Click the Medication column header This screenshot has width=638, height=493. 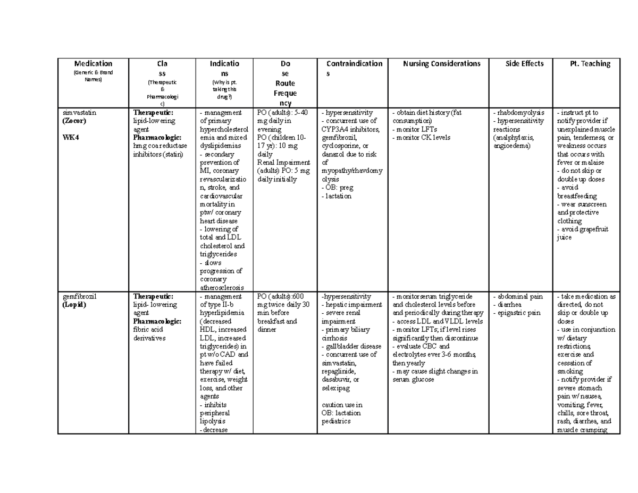[x=93, y=64]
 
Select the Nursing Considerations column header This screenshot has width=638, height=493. [x=442, y=64]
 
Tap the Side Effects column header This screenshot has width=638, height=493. [x=524, y=64]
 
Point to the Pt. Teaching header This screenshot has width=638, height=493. [x=590, y=64]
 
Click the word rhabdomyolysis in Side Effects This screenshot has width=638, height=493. [x=520, y=113]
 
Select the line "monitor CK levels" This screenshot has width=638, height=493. [x=423, y=138]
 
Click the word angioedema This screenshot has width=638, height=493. [x=511, y=146]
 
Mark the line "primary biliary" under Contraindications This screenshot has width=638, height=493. [x=346, y=330]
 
